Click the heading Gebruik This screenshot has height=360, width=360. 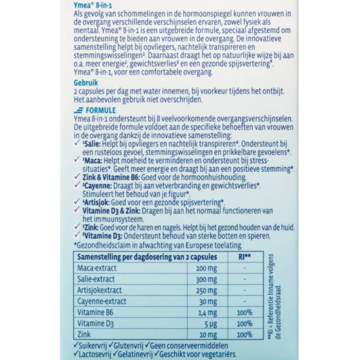coord(86,83)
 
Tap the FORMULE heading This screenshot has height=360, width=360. coord(100,110)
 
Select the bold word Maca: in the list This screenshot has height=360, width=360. coord(92,161)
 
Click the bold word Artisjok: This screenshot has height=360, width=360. coord(96,202)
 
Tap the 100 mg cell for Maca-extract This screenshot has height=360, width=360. coord(206,268)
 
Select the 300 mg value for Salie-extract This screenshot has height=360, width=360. coord(206,279)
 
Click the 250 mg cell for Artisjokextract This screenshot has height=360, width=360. coord(206,290)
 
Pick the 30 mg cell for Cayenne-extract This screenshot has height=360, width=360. coord(207,301)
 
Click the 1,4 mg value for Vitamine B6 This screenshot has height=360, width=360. coord(206,313)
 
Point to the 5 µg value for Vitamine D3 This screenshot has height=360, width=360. coord(210,324)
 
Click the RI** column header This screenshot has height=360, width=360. coord(244,257)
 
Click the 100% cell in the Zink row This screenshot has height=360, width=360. coord(244,335)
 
